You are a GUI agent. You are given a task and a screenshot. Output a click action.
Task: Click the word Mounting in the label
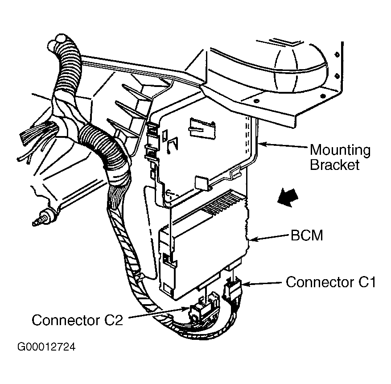[340, 151]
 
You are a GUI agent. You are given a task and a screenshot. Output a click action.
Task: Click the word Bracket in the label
[335, 165]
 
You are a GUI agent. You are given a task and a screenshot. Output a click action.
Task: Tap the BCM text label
[307, 235]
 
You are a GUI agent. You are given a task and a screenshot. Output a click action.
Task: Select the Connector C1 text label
[331, 282]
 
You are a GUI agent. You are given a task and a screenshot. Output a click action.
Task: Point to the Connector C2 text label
[77, 320]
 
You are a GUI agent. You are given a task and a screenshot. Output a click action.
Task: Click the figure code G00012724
[46, 347]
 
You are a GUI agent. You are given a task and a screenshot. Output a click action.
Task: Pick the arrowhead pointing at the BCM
[252, 240]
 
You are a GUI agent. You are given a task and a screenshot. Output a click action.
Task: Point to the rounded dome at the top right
[299, 66]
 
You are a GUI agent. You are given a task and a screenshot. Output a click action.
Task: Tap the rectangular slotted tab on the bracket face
[202, 128]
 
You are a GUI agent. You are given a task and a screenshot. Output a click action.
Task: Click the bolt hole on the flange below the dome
[256, 101]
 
